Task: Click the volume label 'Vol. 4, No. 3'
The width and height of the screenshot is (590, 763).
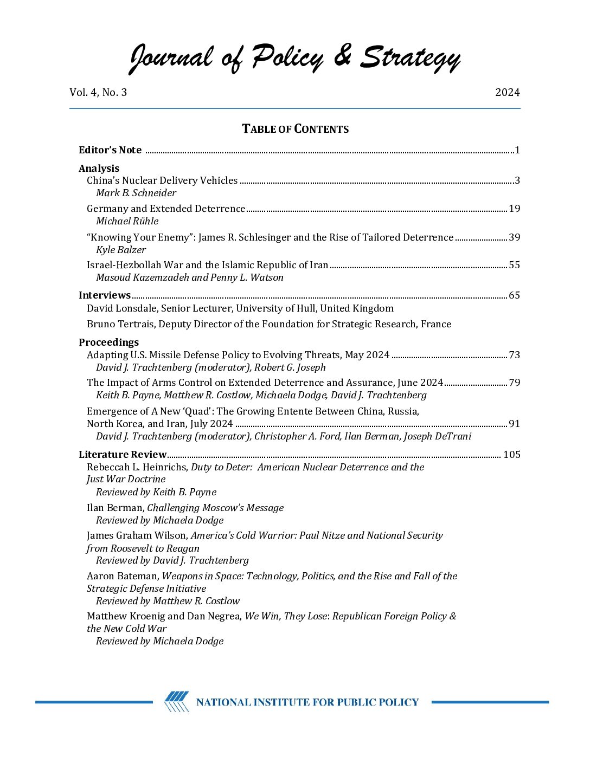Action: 98,93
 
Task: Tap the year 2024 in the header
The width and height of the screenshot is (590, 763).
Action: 507,93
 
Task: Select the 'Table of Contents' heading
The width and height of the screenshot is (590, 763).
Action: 295,129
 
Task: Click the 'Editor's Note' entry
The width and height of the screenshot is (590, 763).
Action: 110,150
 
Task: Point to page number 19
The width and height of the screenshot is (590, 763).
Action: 514,209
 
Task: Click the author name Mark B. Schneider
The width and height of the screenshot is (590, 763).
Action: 136,193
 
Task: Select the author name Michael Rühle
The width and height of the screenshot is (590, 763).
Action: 127,221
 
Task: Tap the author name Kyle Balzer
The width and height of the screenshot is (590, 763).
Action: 121,250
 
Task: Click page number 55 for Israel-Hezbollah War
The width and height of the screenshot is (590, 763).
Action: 514,265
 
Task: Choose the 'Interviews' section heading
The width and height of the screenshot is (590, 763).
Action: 105,295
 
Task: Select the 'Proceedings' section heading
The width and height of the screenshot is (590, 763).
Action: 108,342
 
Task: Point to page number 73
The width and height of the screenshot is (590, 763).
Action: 514,355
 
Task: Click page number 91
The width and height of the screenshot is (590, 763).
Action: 514,424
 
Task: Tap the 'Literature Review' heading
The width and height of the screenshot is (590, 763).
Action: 123,455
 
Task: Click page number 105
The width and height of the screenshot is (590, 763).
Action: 511,455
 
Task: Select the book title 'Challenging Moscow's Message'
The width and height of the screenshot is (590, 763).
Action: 215,508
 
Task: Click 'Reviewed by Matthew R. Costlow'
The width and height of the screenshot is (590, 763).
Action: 168,601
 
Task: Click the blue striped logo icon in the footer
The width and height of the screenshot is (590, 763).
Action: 177,702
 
